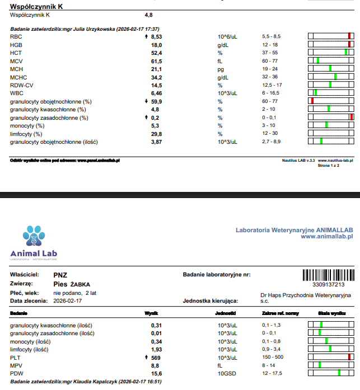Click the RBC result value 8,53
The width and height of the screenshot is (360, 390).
click(157, 37)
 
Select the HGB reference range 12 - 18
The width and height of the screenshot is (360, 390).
click(270, 45)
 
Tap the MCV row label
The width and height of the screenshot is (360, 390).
click(16, 61)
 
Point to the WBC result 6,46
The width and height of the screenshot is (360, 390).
click(157, 93)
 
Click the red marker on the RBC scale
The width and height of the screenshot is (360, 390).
click(349, 36)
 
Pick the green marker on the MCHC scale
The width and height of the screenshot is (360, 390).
click(335, 76)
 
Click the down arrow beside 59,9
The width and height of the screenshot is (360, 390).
click(146, 101)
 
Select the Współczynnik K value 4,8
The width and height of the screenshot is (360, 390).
click(148, 15)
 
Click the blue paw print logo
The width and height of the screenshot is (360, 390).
click(34, 236)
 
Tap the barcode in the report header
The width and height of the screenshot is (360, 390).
click(329, 275)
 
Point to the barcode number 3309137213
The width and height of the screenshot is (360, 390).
click(329, 285)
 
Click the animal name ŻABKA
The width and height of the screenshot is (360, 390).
click(80, 284)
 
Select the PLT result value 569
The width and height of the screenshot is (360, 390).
click(156, 358)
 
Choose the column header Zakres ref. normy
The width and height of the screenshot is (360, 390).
click(280, 313)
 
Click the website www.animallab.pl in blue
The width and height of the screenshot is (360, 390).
click(326, 236)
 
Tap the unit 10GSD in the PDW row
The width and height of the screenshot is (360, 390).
click(227, 374)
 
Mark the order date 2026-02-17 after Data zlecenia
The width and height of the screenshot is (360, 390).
click(67, 301)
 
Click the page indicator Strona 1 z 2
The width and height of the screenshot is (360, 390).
click(329, 166)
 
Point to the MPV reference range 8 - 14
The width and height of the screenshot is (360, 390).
click(268, 365)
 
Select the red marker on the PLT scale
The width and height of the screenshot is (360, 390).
click(349, 357)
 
